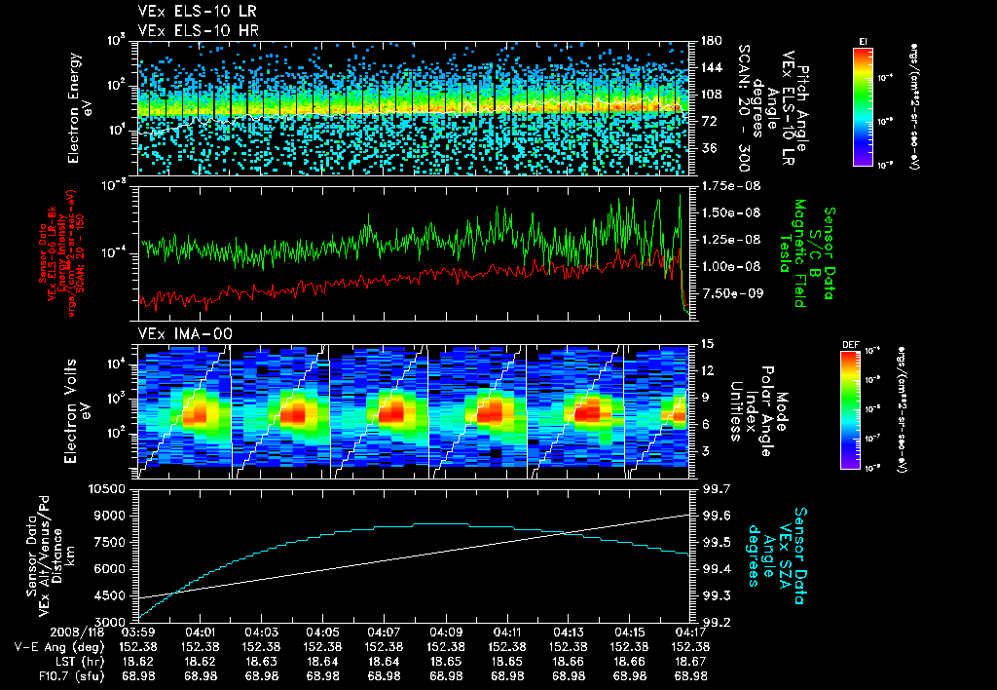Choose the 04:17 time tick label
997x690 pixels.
pos(689,632)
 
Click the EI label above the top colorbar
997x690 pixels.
pos(863,40)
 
